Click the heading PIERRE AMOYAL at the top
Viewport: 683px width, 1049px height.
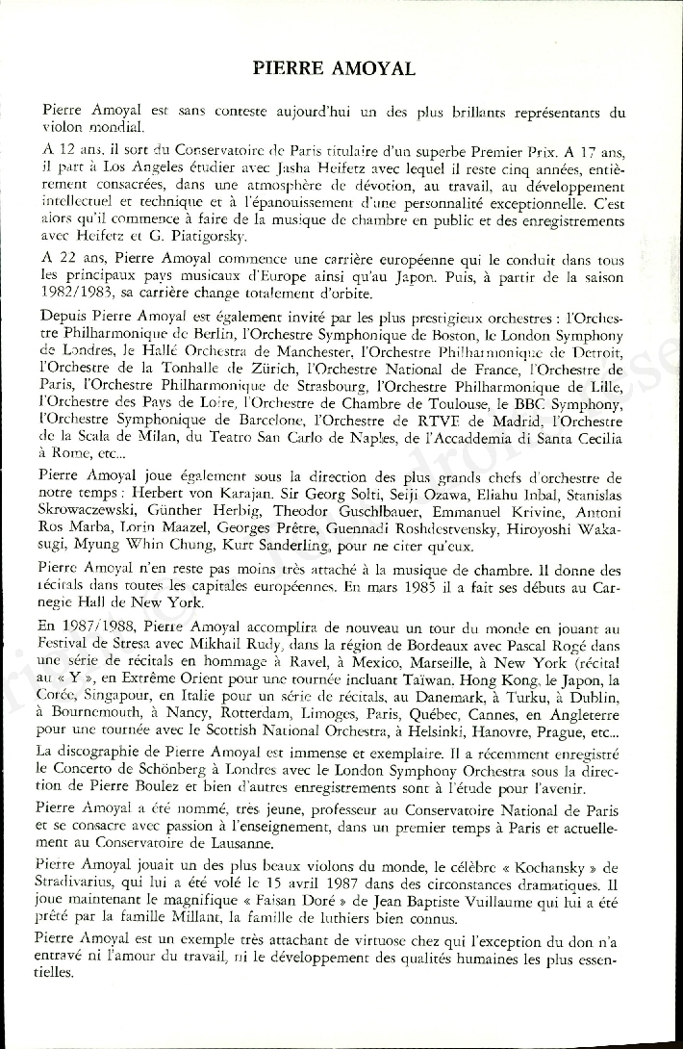[x=334, y=68]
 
